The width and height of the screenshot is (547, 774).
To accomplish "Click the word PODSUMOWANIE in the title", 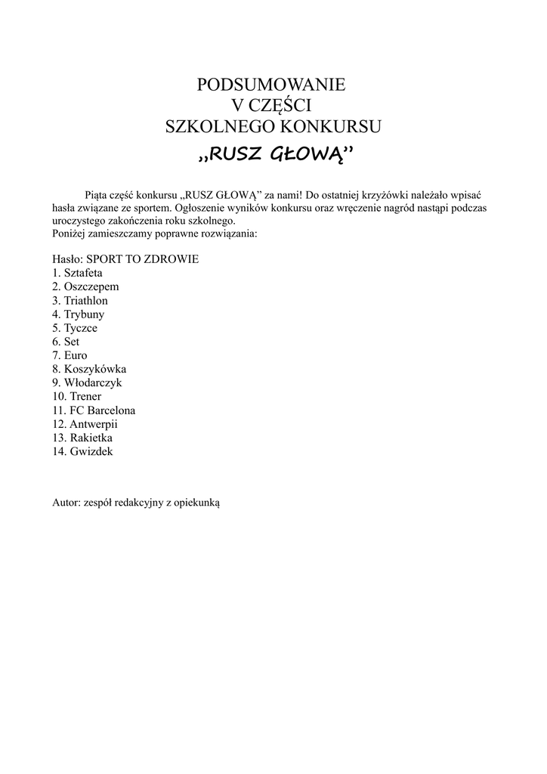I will (x=270, y=85).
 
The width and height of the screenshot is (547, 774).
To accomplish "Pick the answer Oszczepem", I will (x=91, y=286).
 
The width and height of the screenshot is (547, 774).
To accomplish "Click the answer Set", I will (x=73, y=342).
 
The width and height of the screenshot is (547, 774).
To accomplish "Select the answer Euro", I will (x=76, y=355).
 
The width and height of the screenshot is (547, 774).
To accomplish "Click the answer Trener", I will (x=85, y=396).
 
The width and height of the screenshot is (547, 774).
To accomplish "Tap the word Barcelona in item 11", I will (x=112, y=410).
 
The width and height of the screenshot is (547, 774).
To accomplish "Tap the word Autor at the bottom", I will (x=64, y=502).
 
